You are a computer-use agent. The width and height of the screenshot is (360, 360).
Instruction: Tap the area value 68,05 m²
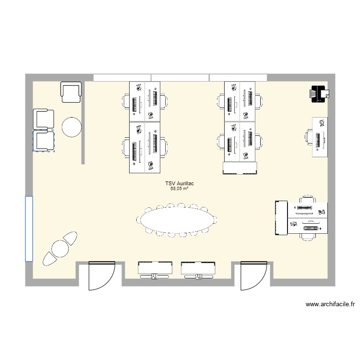click(x=179, y=189)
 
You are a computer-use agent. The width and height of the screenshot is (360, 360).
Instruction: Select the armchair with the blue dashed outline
click(x=44, y=141)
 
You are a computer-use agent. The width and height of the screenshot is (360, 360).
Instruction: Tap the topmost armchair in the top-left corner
click(x=72, y=92)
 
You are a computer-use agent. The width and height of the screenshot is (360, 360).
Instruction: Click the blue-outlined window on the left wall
click(x=29, y=228)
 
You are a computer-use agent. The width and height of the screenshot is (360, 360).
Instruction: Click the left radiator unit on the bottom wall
click(x=155, y=269)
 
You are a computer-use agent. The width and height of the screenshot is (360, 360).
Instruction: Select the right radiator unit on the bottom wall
click(x=198, y=269)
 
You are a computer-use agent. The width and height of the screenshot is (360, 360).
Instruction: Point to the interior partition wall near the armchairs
click(x=83, y=123)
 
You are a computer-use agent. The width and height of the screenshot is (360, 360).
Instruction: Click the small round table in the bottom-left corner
click(x=60, y=248)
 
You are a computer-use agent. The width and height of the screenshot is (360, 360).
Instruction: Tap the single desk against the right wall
click(x=320, y=137)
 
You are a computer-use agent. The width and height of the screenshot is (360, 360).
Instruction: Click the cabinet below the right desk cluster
click(x=240, y=168)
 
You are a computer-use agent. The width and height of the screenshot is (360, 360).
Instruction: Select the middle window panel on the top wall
click(x=180, y=78)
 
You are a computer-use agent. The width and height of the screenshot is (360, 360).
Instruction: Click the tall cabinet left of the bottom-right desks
click(x=281, y=218)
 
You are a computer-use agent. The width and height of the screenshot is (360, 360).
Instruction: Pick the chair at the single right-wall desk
click(x=309, y=137)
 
